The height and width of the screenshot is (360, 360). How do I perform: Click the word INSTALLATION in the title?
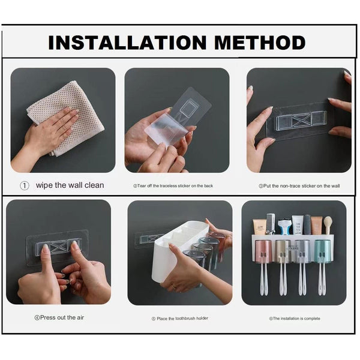click(120, 42)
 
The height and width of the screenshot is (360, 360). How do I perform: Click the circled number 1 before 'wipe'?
click(25, 185)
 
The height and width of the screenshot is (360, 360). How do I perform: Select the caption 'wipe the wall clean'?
click(70, 185)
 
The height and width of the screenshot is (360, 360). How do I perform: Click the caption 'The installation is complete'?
click(294, 319)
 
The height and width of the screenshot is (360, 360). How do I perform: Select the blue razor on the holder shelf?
click(284, 227)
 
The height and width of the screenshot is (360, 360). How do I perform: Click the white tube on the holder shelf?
click(298, 225)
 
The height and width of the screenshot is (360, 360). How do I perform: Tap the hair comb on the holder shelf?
click(271, 223)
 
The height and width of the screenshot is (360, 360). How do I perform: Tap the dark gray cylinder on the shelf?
click(307, 224)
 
